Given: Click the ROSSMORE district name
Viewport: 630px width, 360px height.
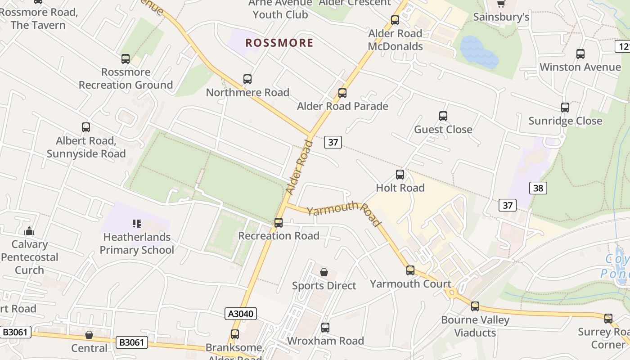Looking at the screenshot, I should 279,43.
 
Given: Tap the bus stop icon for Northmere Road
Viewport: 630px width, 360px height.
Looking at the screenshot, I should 247,79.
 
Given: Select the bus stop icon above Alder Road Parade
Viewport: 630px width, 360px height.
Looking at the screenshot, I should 342,93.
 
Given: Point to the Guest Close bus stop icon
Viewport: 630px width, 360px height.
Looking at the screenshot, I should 443,116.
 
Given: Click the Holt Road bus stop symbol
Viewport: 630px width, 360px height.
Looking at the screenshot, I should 400,175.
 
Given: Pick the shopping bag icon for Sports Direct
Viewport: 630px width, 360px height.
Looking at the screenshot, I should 324,272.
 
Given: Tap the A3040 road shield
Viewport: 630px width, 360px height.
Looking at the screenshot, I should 240,314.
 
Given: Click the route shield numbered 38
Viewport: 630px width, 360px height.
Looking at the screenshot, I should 538,188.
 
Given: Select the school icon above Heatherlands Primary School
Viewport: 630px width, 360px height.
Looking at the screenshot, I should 137,224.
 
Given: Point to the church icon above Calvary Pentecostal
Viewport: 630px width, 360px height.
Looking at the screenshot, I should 29,231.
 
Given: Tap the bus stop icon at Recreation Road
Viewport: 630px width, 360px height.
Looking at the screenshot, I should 279,222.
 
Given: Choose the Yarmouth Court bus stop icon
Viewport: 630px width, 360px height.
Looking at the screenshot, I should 410,270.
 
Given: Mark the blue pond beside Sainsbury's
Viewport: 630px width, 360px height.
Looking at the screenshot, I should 478,53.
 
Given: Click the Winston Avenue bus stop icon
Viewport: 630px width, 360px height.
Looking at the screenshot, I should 580,54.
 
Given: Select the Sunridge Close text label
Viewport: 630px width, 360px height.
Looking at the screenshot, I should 565,121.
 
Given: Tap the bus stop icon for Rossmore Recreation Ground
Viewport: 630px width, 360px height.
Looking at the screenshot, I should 125,59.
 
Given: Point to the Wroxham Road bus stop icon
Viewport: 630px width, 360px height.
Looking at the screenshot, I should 325,328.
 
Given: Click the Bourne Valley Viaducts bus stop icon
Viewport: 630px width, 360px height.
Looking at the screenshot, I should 475,306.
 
